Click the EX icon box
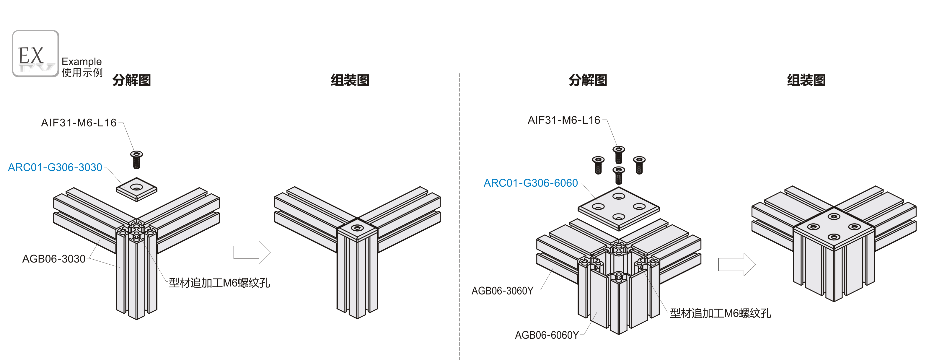(x=35, y=53)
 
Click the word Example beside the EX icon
(x=82, y=61)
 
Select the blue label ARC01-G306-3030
(x=55, y=167)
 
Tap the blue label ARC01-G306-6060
(x=530, y=183)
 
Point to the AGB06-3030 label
(x=54, y=259)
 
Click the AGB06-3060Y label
(x=502, y=291)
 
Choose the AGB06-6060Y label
(x=546, y=335)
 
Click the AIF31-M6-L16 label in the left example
(x=79, y=123)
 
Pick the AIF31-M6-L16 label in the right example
(x=564, y=120)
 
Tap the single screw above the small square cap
(x=136, y=159)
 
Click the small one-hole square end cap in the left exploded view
(x=136, y=189)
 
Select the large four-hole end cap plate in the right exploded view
(x=618, y=208)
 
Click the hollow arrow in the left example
(x=252, y=252)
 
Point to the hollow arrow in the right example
(x=736, y=264)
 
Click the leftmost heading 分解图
(x=131, y=80)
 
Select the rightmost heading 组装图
(x=806, y=80)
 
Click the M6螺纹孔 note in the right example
(x=720, y=313)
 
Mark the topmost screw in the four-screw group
(x=618, y=154)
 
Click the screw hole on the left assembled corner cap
(x=357, y=228)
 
